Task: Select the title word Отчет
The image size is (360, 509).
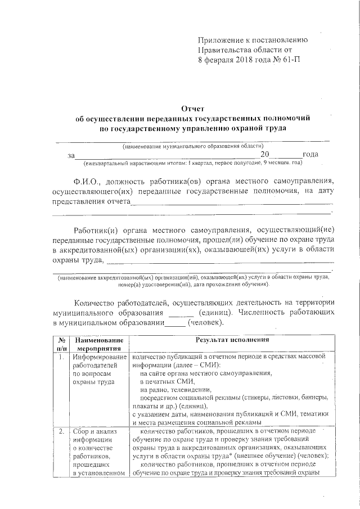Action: [192, 108]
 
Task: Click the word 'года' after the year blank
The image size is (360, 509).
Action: [310, 154]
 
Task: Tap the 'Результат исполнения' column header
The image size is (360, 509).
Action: [232, 340]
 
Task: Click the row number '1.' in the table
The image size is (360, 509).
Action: [60, 357]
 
